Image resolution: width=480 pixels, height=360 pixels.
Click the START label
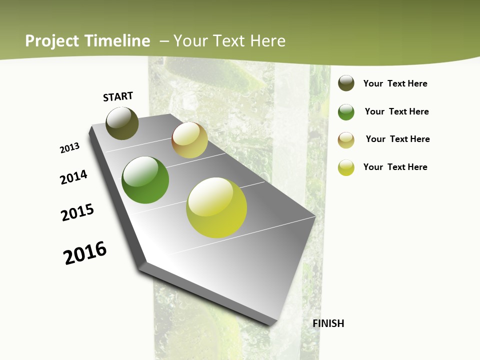point(118,96)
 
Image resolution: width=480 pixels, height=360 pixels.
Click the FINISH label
point(328,323)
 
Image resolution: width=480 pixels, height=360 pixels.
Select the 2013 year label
point(69,148)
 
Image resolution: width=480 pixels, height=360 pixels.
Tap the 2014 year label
point(73,177)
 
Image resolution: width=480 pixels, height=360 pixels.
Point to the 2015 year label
point(77,212)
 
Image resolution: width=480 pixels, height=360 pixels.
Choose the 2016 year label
point(85,252)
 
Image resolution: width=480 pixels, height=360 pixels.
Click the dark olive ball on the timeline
point(122,123)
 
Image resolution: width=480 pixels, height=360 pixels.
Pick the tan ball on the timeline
point(189,140)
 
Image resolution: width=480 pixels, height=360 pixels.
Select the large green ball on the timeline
point(145,180)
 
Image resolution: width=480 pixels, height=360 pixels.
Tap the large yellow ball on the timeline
point(216,207)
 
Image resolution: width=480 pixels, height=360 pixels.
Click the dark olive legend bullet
point(346,83)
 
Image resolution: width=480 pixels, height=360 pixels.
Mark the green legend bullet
point(346,112)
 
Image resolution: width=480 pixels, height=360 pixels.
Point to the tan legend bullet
point(346,139)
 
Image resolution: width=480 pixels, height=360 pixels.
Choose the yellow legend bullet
point(346,167)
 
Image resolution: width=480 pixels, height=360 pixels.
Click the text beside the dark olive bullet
point(395,83)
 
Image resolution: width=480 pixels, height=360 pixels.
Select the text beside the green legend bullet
point(396,111)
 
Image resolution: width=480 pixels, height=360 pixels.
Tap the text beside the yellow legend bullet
point(395,167)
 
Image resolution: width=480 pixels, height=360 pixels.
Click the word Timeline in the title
point(117,41)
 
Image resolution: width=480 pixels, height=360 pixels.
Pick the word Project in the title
point(52,41)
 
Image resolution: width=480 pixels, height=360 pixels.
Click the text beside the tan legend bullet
point(397,139)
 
